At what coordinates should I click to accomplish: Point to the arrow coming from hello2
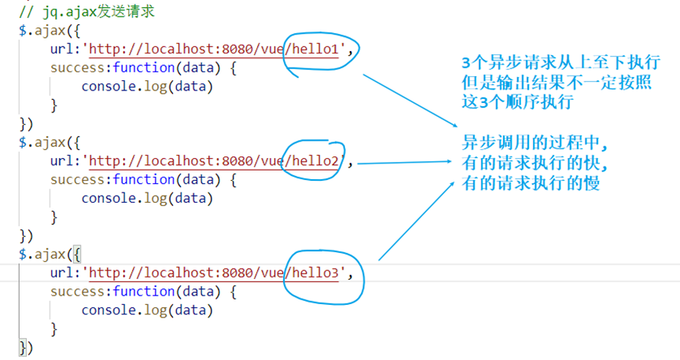coord(406,163)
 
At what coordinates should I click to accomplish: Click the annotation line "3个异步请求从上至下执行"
coord(560,64)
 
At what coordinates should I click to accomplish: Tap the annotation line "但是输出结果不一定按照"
coord(557,83)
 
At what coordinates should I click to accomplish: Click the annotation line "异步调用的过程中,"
coord(535,144)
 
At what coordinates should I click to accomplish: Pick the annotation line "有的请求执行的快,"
coord(535,163)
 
